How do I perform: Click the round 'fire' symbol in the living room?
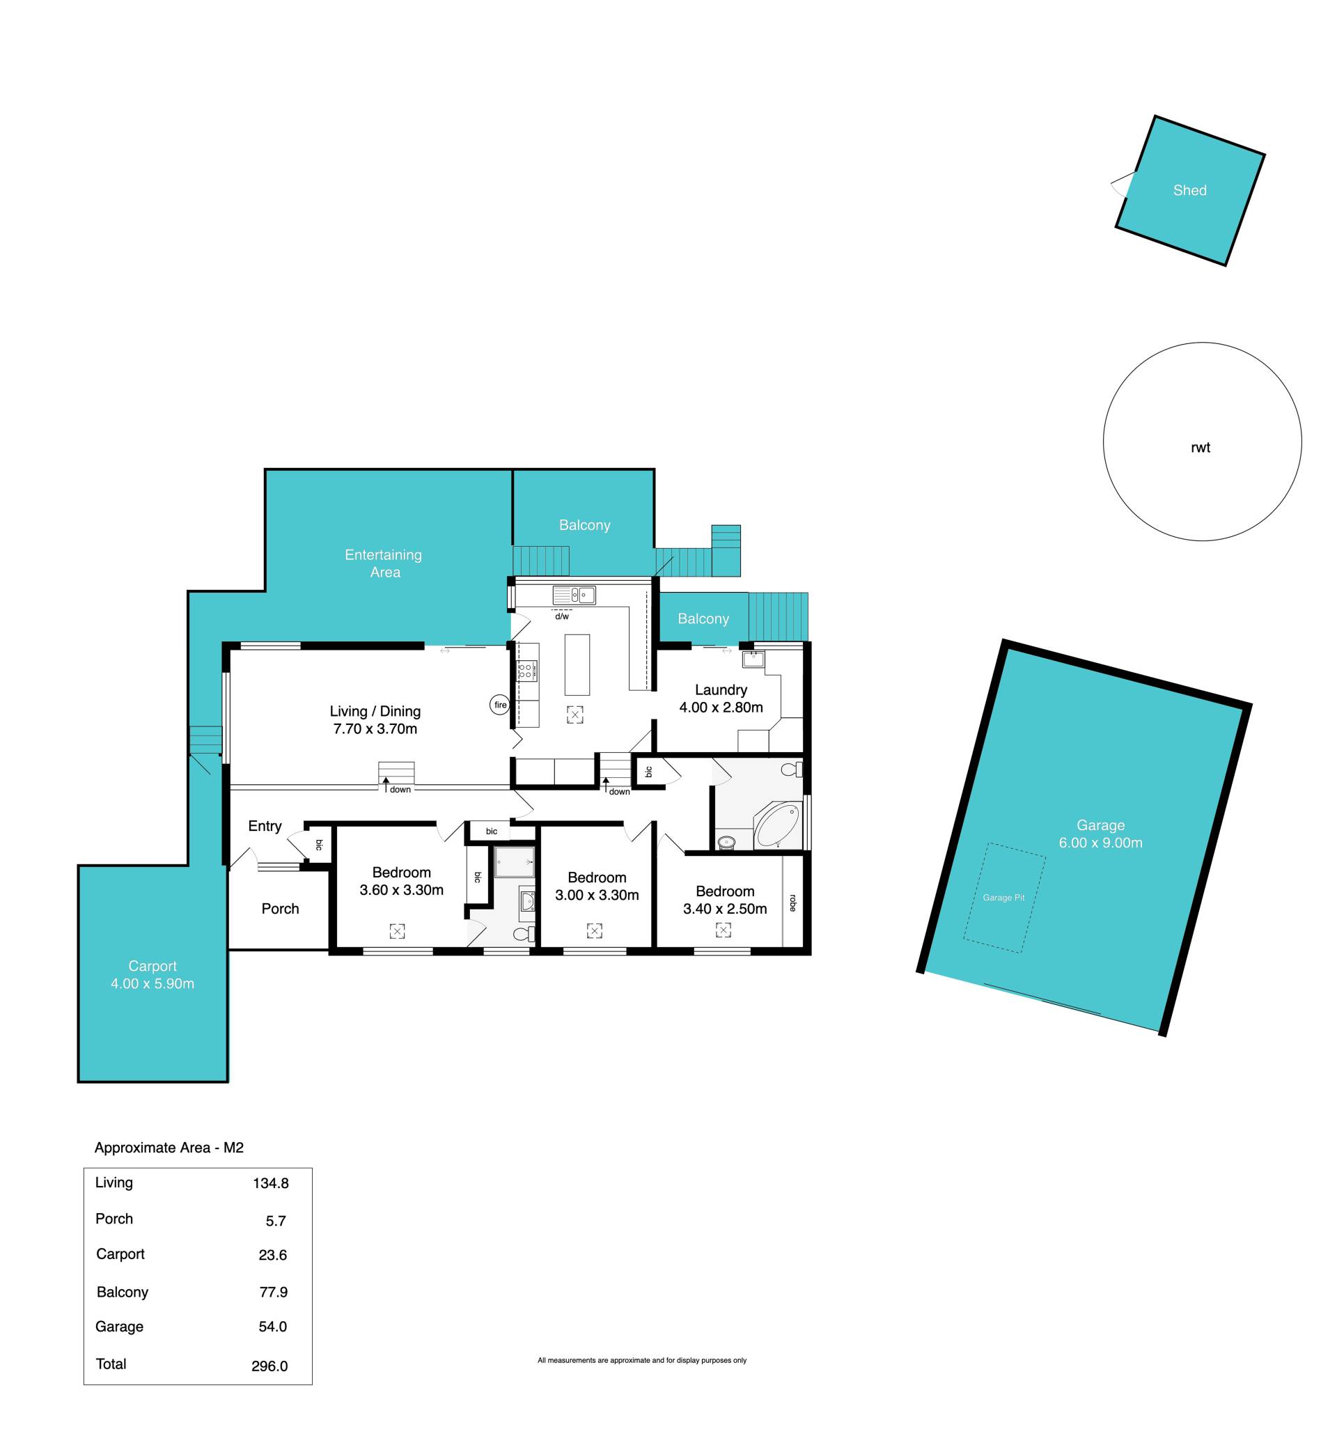click(500, 705)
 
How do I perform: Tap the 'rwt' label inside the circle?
click(1201, 448)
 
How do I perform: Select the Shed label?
click(1189, 190)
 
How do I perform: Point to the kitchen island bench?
click(577, 664)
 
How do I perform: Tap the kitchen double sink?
click(574, 595)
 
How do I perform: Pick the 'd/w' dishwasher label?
click(562, 616)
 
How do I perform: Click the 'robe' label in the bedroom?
click(793, 903)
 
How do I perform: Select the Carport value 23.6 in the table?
click(273, 1255)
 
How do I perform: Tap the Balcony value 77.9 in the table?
click(274, 1292)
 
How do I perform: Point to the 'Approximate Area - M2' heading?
click(169, 1148)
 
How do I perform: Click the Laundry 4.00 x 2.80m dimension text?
click(721, 708)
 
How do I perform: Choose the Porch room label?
click(280, 909)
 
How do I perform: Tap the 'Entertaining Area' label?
click(384, 563)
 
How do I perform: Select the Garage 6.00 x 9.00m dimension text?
click(1100, 843)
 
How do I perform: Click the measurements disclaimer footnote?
click(642, 1361)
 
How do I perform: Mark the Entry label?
click(265, 827)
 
